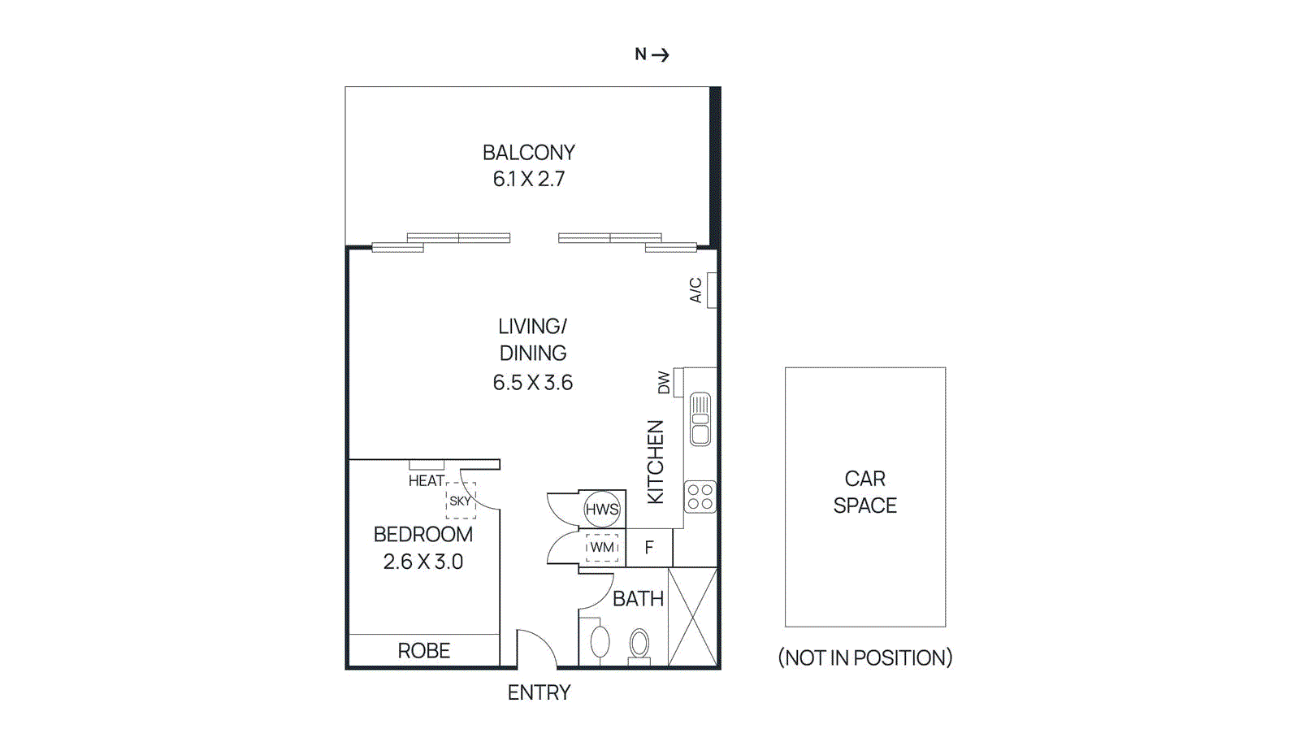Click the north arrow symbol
point(660,54)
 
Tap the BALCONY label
point(528,153)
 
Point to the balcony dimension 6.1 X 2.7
point(528,179)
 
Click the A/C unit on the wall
point(711,290)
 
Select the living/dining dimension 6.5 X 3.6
point(532,382)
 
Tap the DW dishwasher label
point(664,382)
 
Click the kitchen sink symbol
point(700,419)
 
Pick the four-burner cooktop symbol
point(700,497)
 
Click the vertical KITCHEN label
point(655,462)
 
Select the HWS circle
point(602,510)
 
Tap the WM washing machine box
point(602,547)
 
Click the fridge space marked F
point(649,548)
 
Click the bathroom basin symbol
point(600,641)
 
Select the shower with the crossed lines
point(693,618)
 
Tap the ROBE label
point(423,651)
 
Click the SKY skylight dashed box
point(460,501)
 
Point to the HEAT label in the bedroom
point(426,481)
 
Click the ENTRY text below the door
point(539,692)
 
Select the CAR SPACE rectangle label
point(864,492)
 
